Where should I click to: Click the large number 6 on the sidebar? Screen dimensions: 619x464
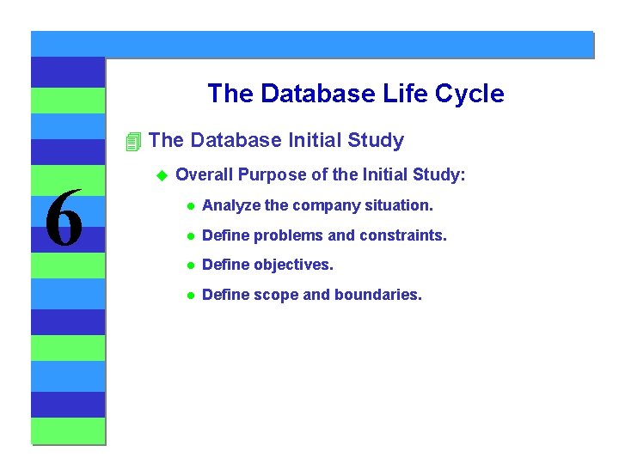coord(64,217)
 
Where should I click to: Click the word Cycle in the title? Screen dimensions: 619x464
coord(469,94)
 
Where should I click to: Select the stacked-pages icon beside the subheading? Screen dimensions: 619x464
coord(133,142)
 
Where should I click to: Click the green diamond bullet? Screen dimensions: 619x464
coord(162,175)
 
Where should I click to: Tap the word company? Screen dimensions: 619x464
coord(327,206)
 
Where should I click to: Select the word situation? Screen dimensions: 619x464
coord(399,205)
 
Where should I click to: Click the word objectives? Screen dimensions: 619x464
coord(293,265)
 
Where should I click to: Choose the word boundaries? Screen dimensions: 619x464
coord(378,295)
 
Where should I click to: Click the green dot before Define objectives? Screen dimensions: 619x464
coord(191,266)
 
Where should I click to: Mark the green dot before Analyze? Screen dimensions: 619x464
coord(191,206)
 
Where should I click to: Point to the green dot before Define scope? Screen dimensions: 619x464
coord(191,296)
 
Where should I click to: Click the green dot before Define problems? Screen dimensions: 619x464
coord(191,236)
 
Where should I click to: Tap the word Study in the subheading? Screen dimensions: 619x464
coord(376,141)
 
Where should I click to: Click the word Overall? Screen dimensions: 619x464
coord(204,174)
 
